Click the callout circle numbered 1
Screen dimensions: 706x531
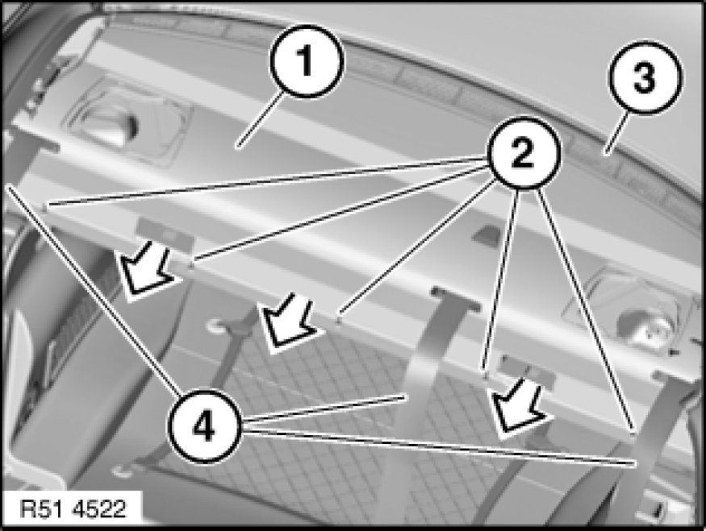307,61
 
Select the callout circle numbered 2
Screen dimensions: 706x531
523,152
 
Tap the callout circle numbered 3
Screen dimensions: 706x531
645,77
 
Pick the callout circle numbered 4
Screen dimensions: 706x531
204,425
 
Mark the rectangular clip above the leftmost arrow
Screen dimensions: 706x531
165,231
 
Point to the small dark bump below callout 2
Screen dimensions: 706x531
487,234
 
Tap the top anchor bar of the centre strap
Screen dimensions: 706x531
456,297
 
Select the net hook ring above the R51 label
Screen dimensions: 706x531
123,471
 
